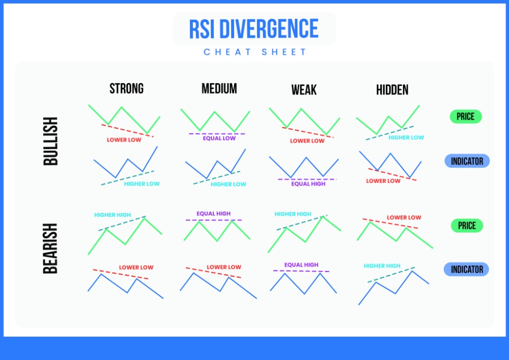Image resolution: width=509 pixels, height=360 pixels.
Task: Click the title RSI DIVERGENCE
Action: pyautogui.click(x=253, y=29)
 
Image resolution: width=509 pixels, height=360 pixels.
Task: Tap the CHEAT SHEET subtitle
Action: pyautogui.click(x=255, y=52)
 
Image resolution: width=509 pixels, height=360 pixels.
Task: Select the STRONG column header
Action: pyautogui.click(x=126, y=89)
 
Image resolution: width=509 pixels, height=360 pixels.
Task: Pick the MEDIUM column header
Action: pyautogui.click(x=219, y=89)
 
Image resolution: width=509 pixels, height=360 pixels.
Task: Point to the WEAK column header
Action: pyautogui.click(x=304, y=90)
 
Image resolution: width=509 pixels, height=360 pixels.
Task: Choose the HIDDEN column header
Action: pyautogui.click(x=392, y=90)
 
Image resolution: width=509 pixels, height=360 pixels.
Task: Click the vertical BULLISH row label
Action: pyautogui.click(x=51, y=141)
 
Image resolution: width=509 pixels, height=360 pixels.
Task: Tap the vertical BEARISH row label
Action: pyautogui.click(x=51, y=248)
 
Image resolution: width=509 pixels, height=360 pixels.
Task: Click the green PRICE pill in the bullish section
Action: pyautogui.click(x=465, y=117)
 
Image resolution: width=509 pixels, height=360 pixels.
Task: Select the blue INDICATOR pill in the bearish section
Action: pyautogui.click(x=466, y=269)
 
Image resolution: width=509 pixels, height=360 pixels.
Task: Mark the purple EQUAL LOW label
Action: pyautogui.click(x=219, y=139)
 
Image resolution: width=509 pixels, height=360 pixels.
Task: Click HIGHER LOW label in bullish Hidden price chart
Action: pyautogui.click(x=406, y=137)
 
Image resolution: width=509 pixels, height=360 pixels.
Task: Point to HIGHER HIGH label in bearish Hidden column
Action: pyautogui.click(x=382, y=266)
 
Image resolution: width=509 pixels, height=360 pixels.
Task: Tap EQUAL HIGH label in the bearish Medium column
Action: pyautogui.click(x=213, y=214)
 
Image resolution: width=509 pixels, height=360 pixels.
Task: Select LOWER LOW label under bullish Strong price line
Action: pyautogui.click(x=124, y=140)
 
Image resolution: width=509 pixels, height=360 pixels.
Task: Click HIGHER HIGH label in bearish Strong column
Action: pyautogui.click(x=112, y=215)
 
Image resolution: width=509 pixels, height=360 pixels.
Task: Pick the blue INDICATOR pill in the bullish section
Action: pyautogui.click(x=467, y=161)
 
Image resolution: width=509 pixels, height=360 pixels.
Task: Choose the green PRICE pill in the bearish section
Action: pyautogui.click(x=467, y=226)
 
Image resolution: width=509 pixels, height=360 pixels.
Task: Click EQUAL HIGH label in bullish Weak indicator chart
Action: pyautogui.click(x=308, y=184)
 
